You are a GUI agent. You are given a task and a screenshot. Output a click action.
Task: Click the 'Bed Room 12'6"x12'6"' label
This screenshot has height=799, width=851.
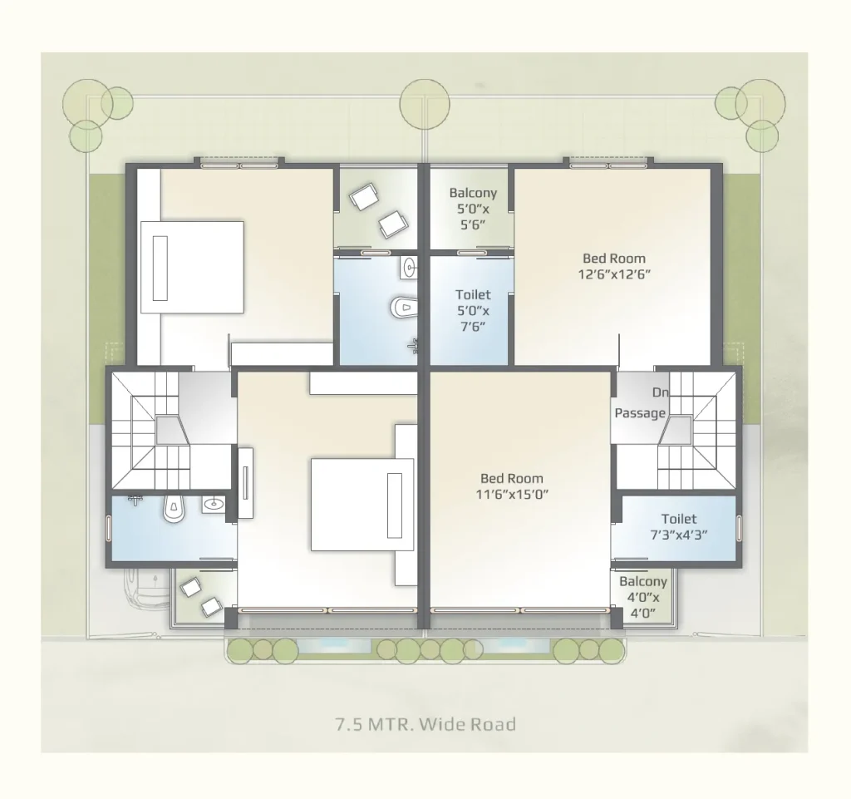[614, 266]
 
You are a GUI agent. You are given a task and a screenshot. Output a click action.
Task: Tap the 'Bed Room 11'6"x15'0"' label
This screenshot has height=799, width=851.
[512, 486]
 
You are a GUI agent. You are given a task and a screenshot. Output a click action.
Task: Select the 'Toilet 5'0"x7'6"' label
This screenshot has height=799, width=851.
[473, 310]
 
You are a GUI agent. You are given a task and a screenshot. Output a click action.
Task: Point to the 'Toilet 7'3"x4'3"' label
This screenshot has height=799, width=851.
[679, 526]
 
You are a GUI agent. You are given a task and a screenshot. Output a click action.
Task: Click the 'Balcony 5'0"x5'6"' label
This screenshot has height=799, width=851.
[473, 209]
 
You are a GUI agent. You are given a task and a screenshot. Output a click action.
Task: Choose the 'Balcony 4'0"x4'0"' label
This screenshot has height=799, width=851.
[643, 597]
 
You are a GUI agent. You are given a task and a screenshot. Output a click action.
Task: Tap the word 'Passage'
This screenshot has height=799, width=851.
[640, 413]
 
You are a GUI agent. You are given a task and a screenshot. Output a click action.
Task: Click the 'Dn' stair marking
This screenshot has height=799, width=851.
[660, 392]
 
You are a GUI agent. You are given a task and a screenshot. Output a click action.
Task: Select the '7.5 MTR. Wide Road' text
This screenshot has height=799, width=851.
[426, 724]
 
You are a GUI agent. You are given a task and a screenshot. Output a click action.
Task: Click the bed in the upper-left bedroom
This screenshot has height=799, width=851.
[192, 267]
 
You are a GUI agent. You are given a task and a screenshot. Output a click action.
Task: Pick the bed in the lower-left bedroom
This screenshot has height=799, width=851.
[362, 505]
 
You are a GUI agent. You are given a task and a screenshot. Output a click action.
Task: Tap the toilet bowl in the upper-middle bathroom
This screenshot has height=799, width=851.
[404, 308]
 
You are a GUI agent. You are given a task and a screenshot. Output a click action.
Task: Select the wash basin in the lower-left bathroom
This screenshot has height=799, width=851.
[214, 504]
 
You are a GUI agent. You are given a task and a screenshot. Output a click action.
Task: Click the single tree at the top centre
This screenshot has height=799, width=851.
[425, 104]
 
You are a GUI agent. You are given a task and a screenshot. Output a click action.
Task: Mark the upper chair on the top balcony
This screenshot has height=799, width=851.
[363, 196]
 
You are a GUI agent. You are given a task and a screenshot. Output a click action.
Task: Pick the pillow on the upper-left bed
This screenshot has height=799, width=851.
[160, 268]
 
